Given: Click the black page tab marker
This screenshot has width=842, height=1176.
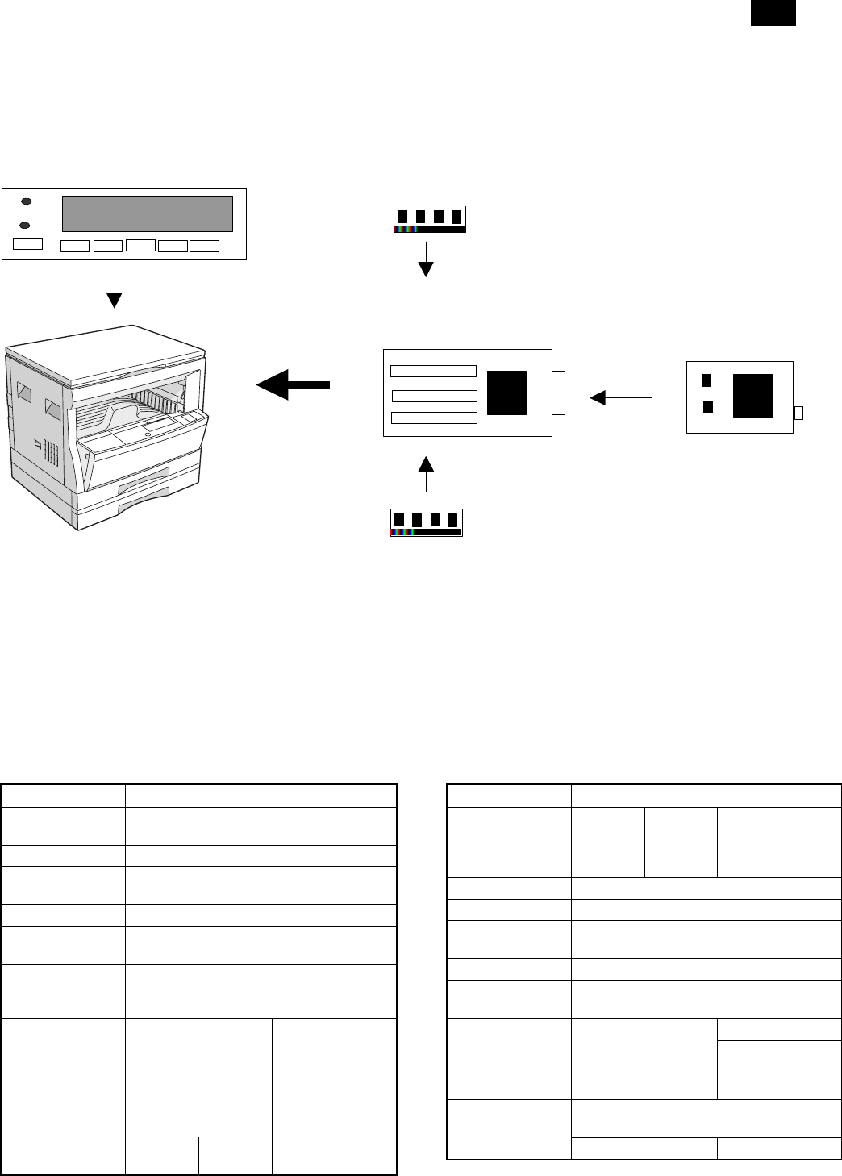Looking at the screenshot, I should click(x=773, y=13).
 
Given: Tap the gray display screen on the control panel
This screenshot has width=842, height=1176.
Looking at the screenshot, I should click(x=148, y=214).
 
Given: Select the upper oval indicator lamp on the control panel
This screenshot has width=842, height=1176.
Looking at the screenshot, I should click(x=27, y=201).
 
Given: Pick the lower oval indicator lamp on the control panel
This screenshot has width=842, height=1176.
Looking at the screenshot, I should click(x=27, y=225).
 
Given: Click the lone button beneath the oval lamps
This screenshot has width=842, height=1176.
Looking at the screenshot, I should click(x=28, y=243).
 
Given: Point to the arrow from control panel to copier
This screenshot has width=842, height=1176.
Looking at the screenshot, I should click(x=115, y=290).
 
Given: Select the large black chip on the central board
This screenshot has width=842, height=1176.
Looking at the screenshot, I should click(x=507, y=393).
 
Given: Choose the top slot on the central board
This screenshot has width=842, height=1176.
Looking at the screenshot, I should click(x=433, y=371).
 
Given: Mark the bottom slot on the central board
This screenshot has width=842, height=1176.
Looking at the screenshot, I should click(x=434, y=418).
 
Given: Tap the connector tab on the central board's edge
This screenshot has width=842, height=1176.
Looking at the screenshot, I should click(x=559, y=393).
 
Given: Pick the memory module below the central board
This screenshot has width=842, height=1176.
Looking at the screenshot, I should click(x=426, y=522).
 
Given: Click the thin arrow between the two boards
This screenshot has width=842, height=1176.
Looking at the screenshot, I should click(x=621, y=397).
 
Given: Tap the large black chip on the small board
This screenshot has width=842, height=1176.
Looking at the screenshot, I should click(x=752, y=396).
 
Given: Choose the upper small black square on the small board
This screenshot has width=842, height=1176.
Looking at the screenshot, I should click(x=707, y=380).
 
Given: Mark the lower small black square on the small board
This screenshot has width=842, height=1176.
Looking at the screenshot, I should click(x=708, y=407).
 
